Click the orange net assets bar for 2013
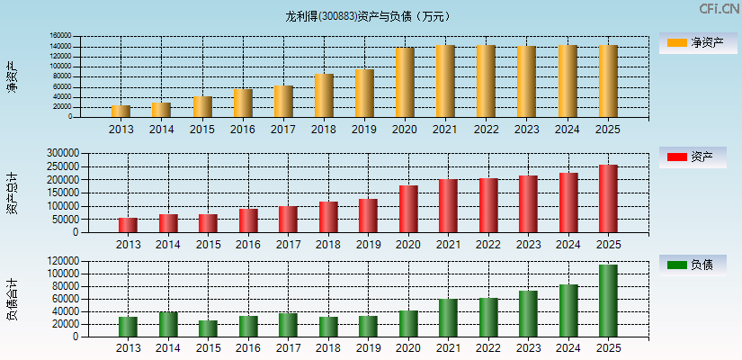pyautogui.click(x=121, y=112)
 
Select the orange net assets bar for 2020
pyautogui.click(x=405, y=83)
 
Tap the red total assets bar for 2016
pyautogui.click(x=248, y=220)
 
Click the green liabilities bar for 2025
pyautogui.click(x=608, y=301)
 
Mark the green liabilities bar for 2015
pyautogui.click(x=208, y=328)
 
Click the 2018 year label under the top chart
pyautogui.click(x=324, y=130)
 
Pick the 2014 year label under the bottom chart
pyautogui.click(x=168, y=349)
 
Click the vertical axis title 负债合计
pyautogui.click(x=12, y=301)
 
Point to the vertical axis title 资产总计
pyautogui.click(x=12, y=193)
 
